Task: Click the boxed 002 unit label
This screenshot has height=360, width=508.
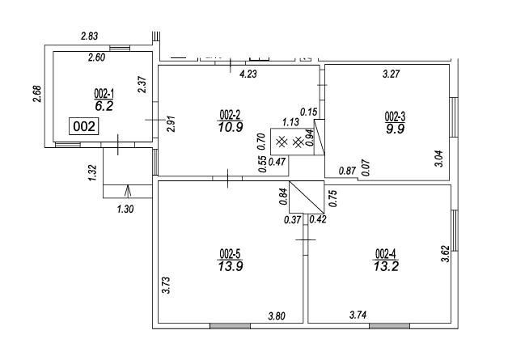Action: click(85, 126)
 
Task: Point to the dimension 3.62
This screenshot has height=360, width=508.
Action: click(443, 256)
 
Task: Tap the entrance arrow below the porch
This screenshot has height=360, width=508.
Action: click(128, 190)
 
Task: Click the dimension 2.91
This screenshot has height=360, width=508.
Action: click(171, 125)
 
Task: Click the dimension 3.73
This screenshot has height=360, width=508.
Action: click(165, 286)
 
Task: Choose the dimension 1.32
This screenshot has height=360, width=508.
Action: click(92, 171)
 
